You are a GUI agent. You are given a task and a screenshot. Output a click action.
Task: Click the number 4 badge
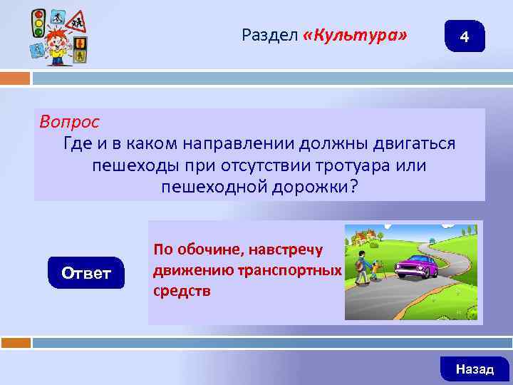[x=465, y=36]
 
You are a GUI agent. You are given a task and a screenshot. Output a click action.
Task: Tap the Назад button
[x=475, y=369]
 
